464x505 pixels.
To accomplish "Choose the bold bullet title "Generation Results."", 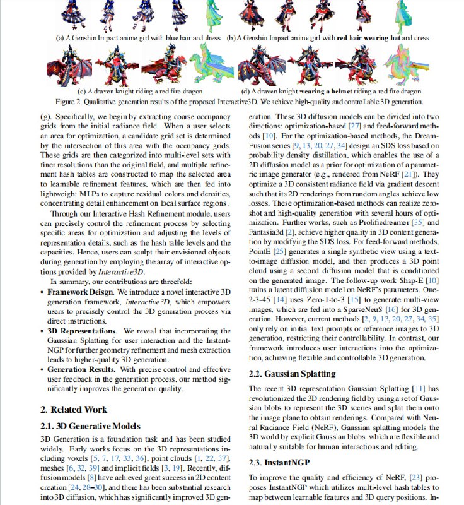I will coord(83,367).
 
